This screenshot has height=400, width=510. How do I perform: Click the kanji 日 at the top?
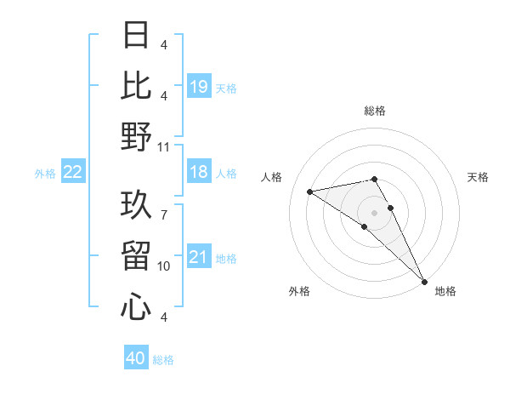137,35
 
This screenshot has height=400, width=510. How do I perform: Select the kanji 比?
137,85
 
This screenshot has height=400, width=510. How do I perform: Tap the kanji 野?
137,136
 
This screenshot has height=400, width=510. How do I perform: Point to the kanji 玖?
137,204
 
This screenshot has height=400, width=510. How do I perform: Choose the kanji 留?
137,255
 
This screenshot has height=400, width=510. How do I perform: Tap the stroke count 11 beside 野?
164,146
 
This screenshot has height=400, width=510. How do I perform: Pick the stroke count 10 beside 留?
164,266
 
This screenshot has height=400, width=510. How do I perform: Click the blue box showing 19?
198,87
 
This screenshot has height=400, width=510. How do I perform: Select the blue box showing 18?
198,173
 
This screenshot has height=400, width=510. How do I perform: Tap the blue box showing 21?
198,258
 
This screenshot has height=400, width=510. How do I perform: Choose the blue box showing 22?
73,173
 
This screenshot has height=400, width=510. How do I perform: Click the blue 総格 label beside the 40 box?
163,360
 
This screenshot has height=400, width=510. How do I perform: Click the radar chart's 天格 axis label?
478,177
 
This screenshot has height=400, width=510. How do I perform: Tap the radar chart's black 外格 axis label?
299,291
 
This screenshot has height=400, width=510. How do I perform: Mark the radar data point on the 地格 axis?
423,281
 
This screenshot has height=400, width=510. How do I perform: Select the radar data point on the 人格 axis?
309,191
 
